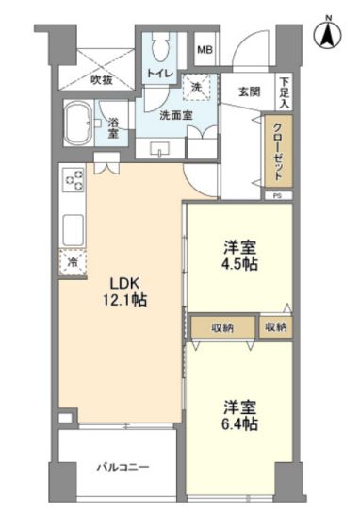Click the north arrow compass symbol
pos(327,34)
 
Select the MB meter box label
pos(205,50)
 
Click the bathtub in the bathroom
pos(78,124)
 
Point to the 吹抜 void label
pos(102,80)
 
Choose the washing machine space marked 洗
pos(197,88)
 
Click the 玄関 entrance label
pos(250,91)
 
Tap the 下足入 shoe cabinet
pos(285,92)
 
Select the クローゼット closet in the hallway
pos(278,151)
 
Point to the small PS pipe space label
pos(278,196)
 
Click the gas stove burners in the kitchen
pos(74,180)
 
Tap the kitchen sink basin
pos(74,230)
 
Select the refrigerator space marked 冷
pos(73,262)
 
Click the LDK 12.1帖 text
pos(124,291)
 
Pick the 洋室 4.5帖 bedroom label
pos(240,256)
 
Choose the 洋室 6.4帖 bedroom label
pos(240,415)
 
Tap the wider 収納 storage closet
pos(223,327)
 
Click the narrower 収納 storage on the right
pos(276,327)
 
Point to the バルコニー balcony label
pos(123,468)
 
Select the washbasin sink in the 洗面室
pos(160,149)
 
